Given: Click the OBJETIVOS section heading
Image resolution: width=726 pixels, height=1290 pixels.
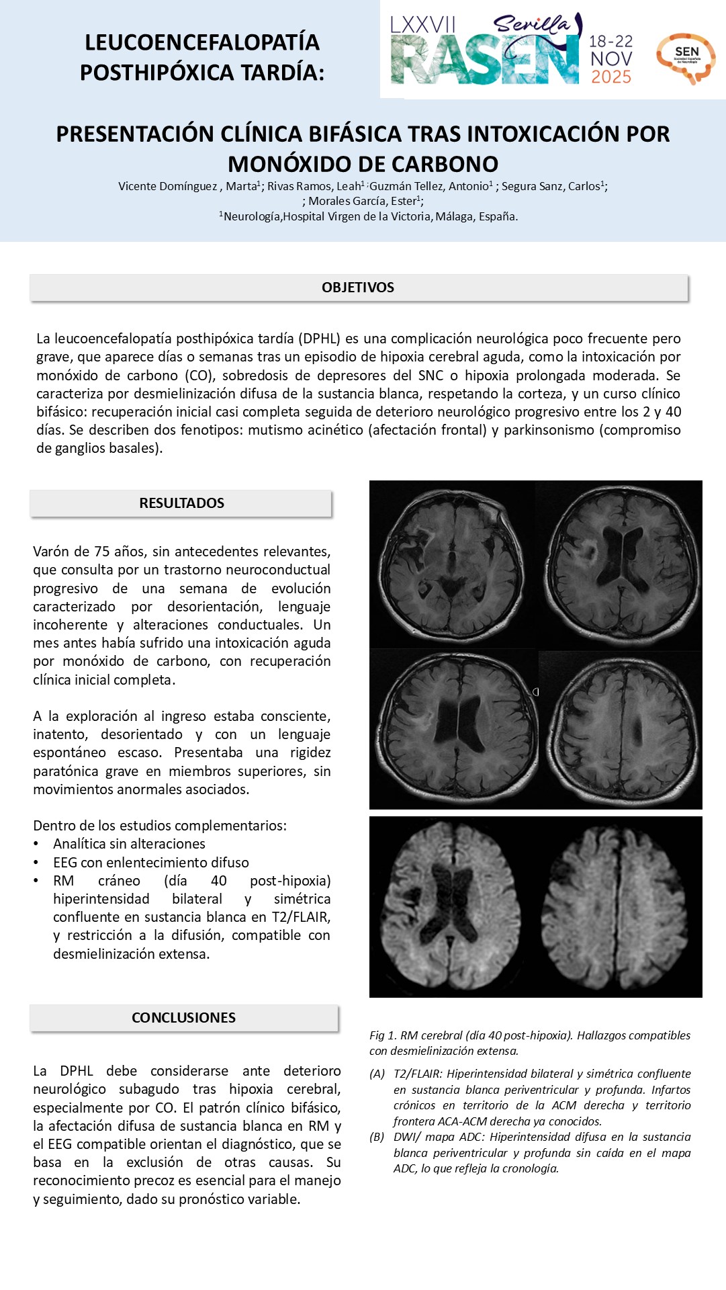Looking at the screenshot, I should (358, 288).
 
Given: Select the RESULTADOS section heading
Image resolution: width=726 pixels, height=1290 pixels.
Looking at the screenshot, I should (181, 503).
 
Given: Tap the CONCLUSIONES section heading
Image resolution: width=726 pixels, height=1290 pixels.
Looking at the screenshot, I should (183, 1018).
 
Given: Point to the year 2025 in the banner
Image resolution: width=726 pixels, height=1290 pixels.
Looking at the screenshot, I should (611, 77).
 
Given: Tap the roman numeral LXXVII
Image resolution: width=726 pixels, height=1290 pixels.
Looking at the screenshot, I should (423, 26).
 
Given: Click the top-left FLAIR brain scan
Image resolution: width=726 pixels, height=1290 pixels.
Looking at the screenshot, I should (452, 563).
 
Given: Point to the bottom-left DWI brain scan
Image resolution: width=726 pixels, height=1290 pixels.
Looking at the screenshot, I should (453, 907).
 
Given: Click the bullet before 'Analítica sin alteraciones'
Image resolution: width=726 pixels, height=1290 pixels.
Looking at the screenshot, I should (37, 845).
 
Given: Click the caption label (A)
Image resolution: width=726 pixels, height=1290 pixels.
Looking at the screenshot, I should (377, 1074).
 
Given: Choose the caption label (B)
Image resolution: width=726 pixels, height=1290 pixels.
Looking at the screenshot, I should (377, 1137).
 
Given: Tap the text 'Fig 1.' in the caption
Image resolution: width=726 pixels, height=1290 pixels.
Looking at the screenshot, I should (382, 1035).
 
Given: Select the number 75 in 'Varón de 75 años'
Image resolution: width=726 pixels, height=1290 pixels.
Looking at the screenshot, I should (101, 552).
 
